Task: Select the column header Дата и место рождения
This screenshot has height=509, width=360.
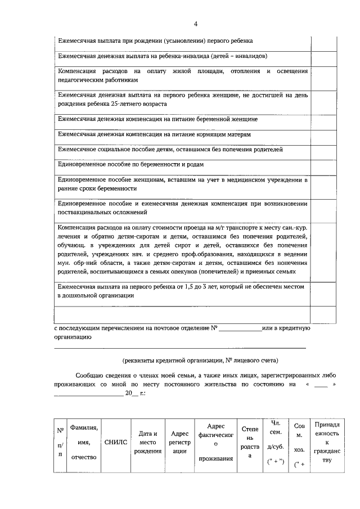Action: coord(148,442)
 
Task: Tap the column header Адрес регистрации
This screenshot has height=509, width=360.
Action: coord(179,442)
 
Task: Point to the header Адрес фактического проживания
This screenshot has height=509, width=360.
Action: coord(215,442)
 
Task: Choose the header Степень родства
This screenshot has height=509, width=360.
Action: coord(250,442)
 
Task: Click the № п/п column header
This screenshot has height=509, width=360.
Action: coord(60,442)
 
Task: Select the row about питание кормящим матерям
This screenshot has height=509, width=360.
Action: coord(154,134)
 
